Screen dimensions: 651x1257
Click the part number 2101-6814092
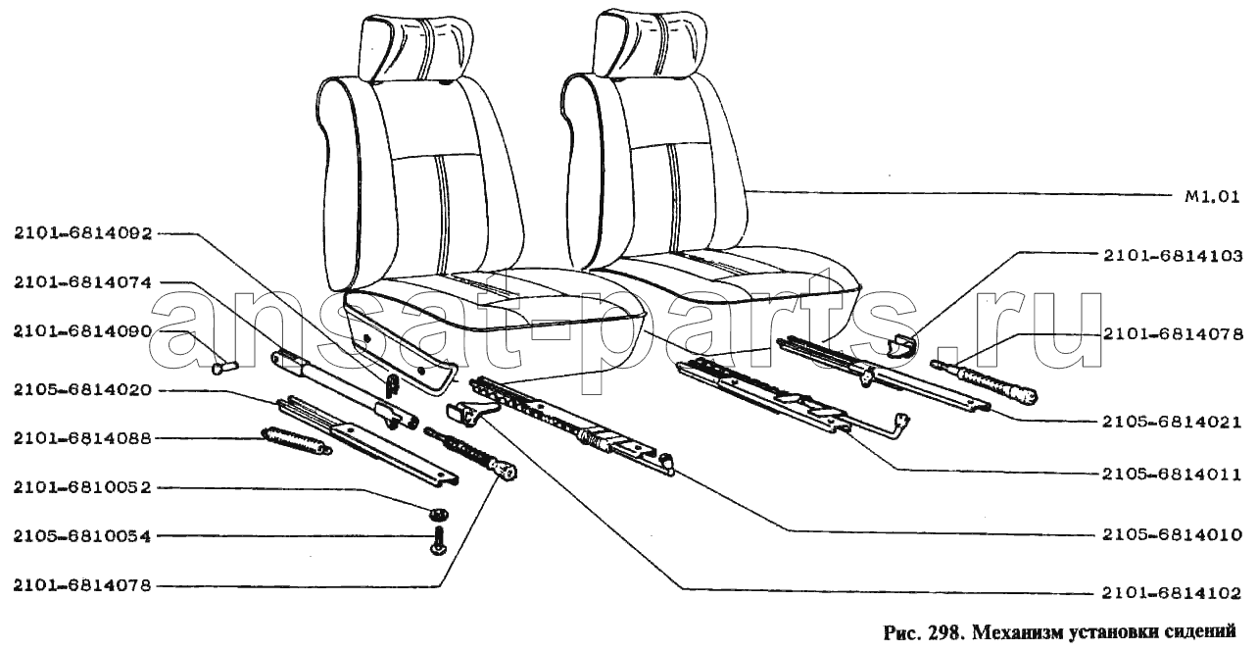coord(83,233)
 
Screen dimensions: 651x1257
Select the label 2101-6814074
coord(83,282)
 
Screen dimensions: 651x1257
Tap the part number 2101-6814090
coord(83,332)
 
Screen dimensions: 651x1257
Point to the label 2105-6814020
coord(83,390)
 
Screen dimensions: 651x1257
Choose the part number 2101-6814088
coord(83,438)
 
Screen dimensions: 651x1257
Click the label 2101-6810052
coord(83,487)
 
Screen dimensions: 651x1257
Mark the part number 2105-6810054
coord(83,536)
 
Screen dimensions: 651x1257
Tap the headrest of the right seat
coord(650,43)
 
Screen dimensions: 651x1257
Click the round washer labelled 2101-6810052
coord(438,512)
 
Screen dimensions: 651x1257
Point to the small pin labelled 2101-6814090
coord(224,368)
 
